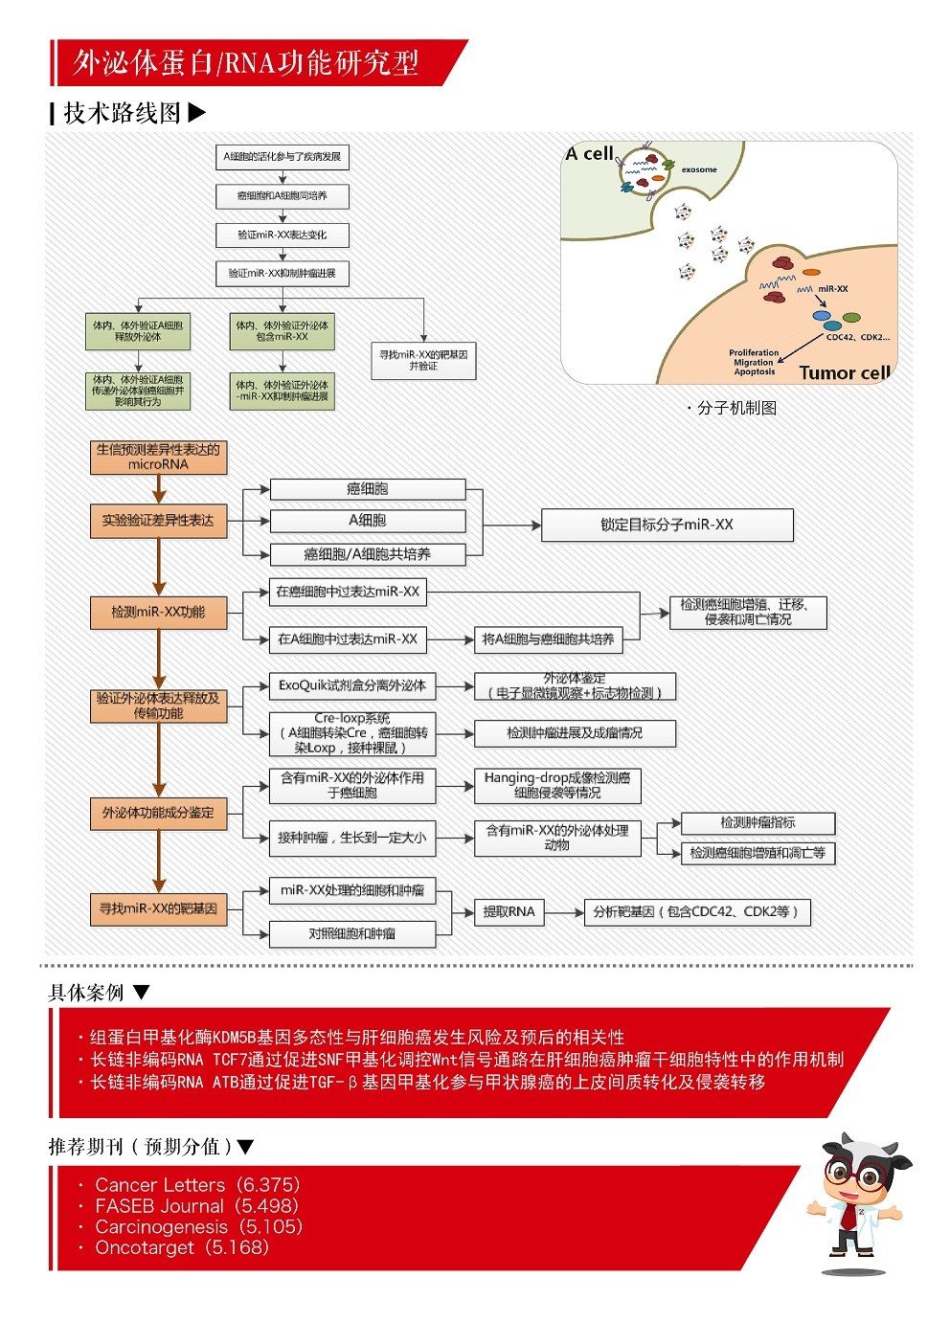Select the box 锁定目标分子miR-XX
(x=667, y=525)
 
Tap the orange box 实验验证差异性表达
(x=158, y=521)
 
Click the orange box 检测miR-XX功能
(x=158, y=613)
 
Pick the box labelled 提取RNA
(x=509, y=912)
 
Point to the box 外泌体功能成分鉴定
(x=158, y=813)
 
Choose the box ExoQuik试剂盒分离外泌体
(x=351, y=685)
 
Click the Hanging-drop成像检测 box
(x=556, y=785)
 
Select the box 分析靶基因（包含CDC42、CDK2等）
(x=696, y=912)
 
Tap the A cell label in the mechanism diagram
(x=589, y=153)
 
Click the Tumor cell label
(x=845, y=373)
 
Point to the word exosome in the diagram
(x=699, y=169)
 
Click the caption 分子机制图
(x=735, y=408)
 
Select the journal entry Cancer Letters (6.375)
(x=196, y=1185)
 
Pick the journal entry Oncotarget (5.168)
(x=182, y=1247)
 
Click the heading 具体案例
(x=86, y=993)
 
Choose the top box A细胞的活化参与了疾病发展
(x=282, y=157)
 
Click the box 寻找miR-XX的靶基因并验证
(x=423, y=360)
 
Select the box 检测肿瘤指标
(x=758, y=823)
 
